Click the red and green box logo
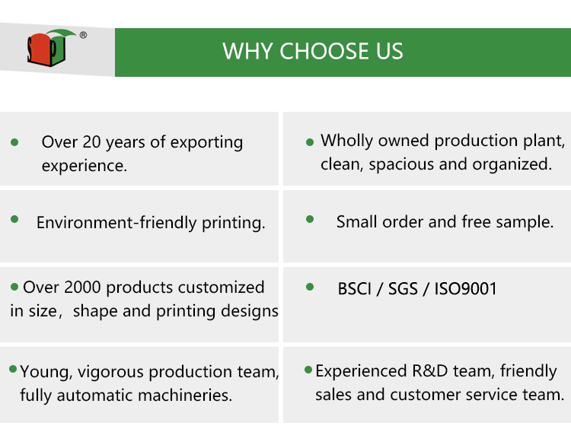tap(50, 47)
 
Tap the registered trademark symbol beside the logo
tap(83, 35)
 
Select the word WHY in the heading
tap(247, 51)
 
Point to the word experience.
tap(84, 166)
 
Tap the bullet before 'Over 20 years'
tap(14, 142)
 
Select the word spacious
tap(401, 164)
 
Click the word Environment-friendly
tap(116, 223)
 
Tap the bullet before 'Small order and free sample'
tap(310, 219)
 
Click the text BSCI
tap(355, 289)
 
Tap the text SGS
tap(403, 289)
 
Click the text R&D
tap(429, 371)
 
